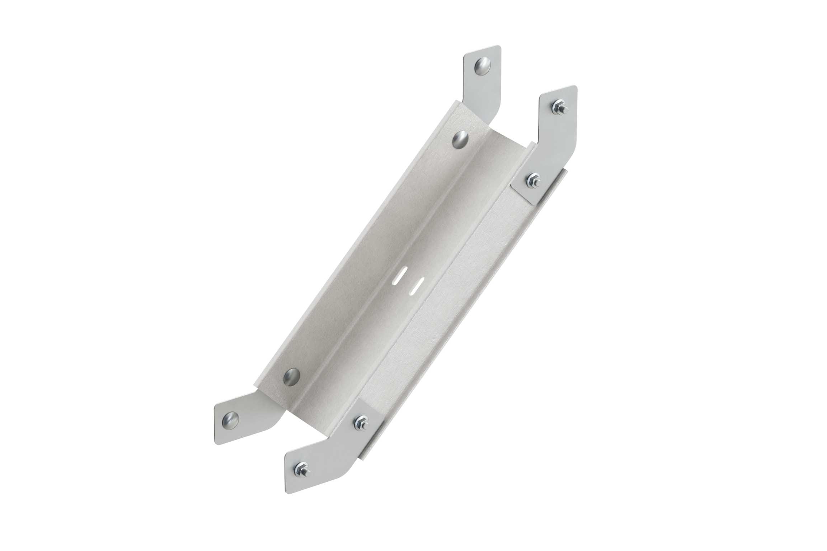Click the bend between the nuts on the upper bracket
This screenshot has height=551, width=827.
click(x=553, y=143)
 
